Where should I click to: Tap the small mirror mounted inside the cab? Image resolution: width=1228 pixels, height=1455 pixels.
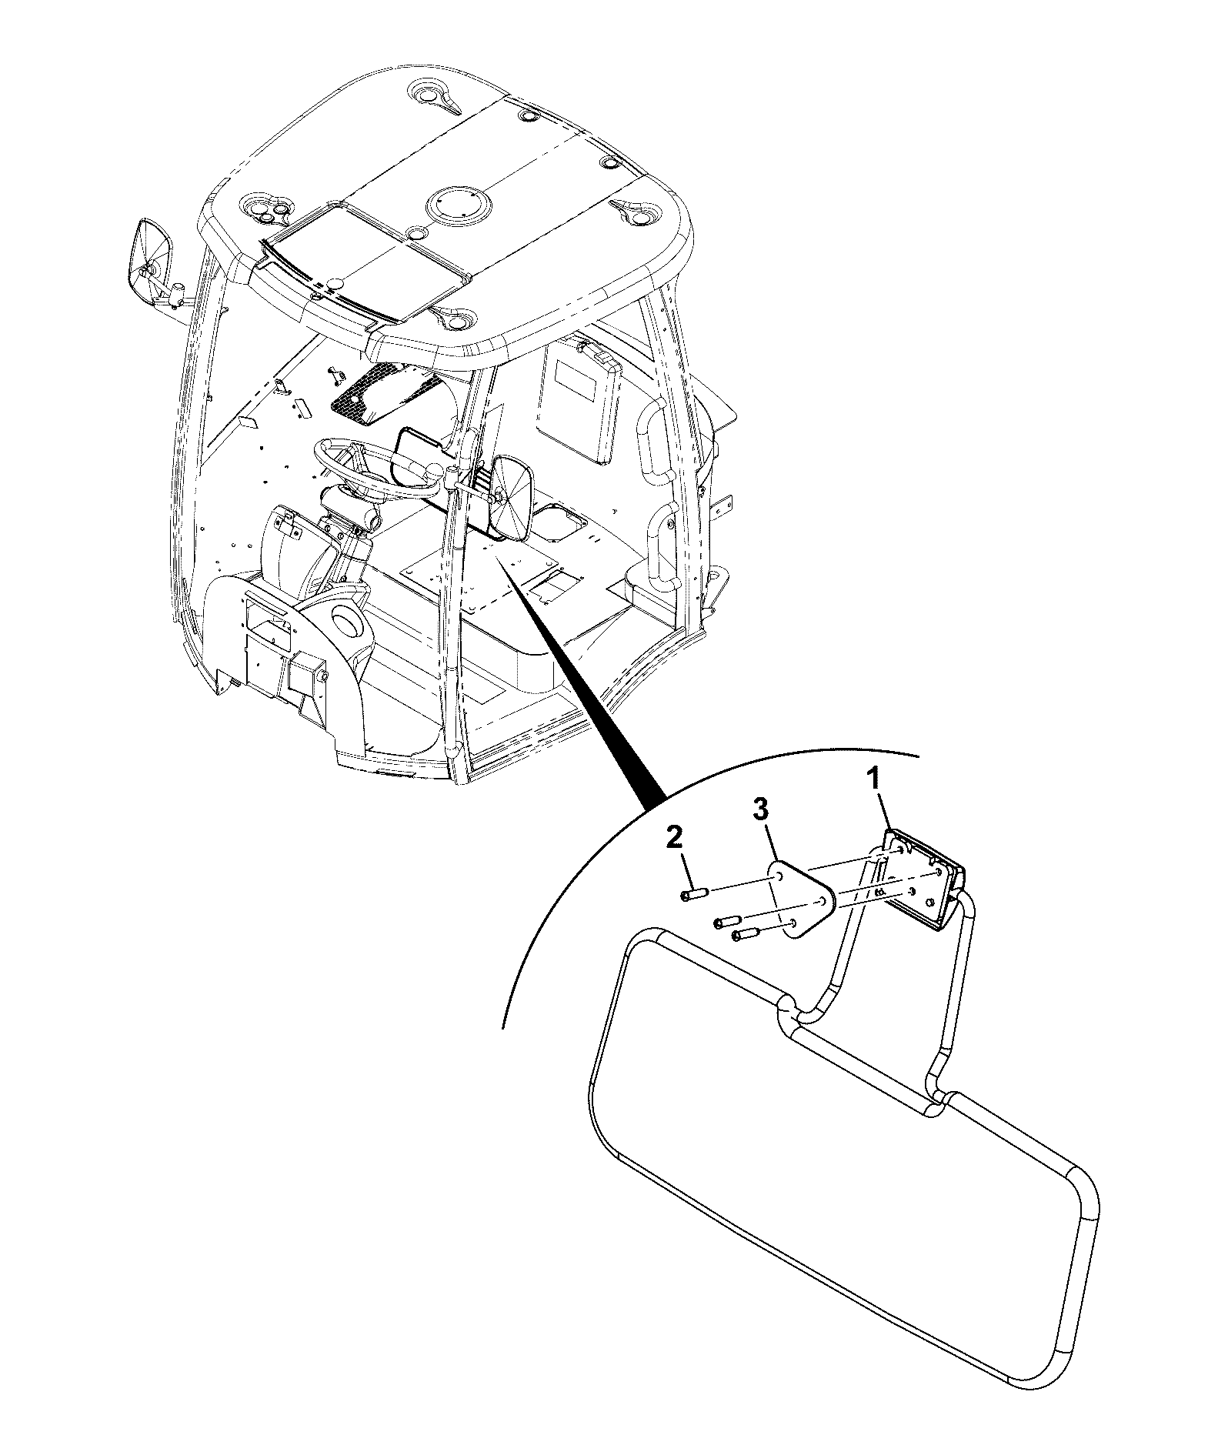(510, 499)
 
